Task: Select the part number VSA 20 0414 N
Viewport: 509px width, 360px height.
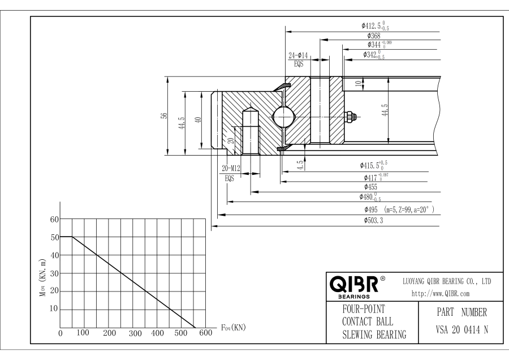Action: pos(461,330)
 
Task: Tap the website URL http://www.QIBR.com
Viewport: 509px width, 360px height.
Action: pos(441,294)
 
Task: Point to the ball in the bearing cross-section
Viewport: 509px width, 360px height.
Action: pos(283,116)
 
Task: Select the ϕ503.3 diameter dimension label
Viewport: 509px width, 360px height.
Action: pos(373,220)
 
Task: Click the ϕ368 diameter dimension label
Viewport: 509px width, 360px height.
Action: pos(374,36)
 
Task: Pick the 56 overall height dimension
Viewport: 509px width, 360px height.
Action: pos(164,115)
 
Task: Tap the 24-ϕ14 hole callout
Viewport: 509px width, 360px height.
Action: pos(298,55)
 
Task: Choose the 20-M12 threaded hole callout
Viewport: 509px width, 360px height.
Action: pos(231,168)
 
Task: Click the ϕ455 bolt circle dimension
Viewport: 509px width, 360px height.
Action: pos(370,187)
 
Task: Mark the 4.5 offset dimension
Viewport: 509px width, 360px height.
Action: pos(301,165)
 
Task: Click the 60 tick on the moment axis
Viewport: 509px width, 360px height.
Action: pos(54,219)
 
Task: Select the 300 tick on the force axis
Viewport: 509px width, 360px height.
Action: pos(135,333)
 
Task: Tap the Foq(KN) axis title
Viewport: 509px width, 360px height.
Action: pos(234,327)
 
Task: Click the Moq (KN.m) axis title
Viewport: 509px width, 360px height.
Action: pos(43,278)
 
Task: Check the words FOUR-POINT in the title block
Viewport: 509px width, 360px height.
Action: pos(364,309)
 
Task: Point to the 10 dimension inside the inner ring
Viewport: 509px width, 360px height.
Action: pos(358,84)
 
